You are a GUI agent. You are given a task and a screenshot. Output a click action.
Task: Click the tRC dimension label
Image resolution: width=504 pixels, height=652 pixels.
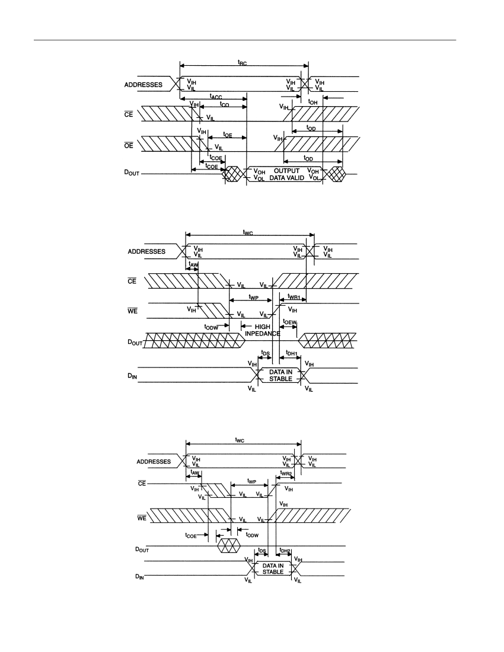(242, 63)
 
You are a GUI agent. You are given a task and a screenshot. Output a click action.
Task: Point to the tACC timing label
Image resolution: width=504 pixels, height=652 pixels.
(216, 97)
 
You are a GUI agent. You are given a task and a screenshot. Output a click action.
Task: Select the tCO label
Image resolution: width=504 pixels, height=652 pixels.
(225, 104)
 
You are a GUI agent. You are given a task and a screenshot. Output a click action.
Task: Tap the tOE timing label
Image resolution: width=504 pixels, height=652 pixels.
(228, 135)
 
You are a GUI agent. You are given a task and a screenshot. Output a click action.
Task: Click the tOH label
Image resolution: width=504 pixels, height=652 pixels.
(312, 102)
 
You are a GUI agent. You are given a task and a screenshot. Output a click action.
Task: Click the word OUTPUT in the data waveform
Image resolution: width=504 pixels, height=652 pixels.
(286, 171)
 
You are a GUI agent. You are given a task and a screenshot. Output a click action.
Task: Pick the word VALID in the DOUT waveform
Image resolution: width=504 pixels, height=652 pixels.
(296, 178)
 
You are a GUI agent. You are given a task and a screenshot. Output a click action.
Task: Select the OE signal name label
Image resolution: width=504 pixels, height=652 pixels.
(129, 145)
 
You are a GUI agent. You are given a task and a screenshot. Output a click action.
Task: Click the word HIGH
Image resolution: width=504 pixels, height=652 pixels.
(263, 327)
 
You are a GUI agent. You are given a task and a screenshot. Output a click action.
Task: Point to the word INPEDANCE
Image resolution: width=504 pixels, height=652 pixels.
(263, 334)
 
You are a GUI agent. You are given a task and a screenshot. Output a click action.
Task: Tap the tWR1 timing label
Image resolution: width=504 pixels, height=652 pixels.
(294, 296)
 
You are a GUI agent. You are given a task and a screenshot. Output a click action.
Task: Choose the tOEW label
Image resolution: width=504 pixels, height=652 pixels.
(289, 322)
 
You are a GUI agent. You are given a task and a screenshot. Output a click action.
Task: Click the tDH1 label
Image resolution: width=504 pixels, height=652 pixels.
(292, 353)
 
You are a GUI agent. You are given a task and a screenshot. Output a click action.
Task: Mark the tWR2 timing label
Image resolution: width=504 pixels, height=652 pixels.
(286, 473)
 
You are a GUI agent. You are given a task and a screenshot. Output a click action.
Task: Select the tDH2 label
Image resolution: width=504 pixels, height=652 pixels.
(285, 551)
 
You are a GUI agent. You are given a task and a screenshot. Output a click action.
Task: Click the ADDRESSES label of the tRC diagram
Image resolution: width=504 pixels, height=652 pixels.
(143, 85)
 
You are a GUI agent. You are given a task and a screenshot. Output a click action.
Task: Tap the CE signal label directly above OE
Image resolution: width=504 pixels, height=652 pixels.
(129, 114)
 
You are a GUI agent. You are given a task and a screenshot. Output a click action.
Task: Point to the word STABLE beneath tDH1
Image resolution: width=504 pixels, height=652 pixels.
(280, 379)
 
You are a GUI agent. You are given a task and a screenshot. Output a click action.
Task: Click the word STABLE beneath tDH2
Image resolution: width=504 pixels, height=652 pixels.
(273, 572)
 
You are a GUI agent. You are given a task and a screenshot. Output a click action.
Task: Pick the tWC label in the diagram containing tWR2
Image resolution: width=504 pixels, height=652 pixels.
(240, 440)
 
